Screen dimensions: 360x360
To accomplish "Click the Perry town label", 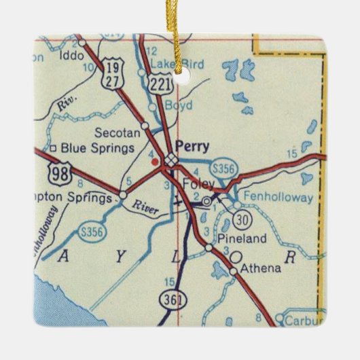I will tap(192, 145).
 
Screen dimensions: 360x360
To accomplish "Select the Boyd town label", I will tap(179, 106).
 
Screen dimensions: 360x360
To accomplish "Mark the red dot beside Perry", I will tap(156, 162).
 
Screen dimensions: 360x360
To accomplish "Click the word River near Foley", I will tap(146, 208).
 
